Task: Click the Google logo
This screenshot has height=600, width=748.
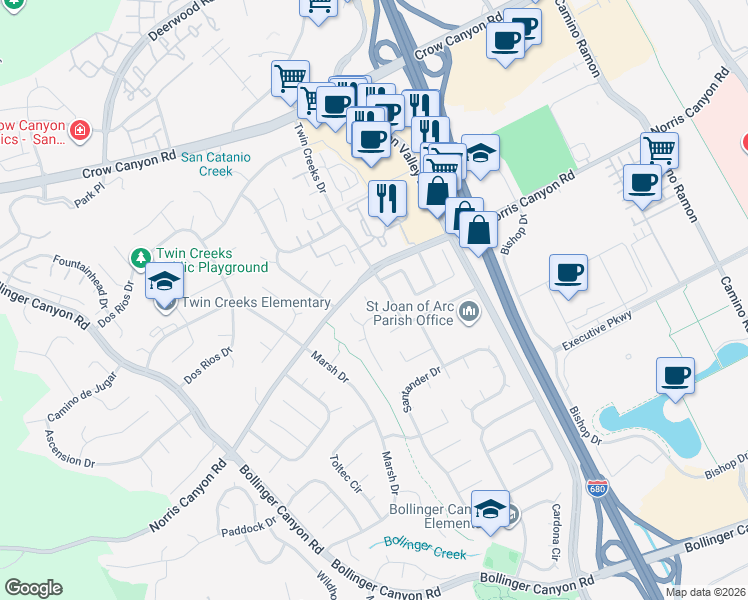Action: (33, 588)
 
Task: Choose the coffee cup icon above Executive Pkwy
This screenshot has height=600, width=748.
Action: (568, 273)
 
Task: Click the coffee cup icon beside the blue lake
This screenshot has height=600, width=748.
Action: (675, 376)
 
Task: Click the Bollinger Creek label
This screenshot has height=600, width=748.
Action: (425, 546)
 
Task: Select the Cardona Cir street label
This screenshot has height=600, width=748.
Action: (557, 531)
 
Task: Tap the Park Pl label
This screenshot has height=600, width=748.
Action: (88, 193)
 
